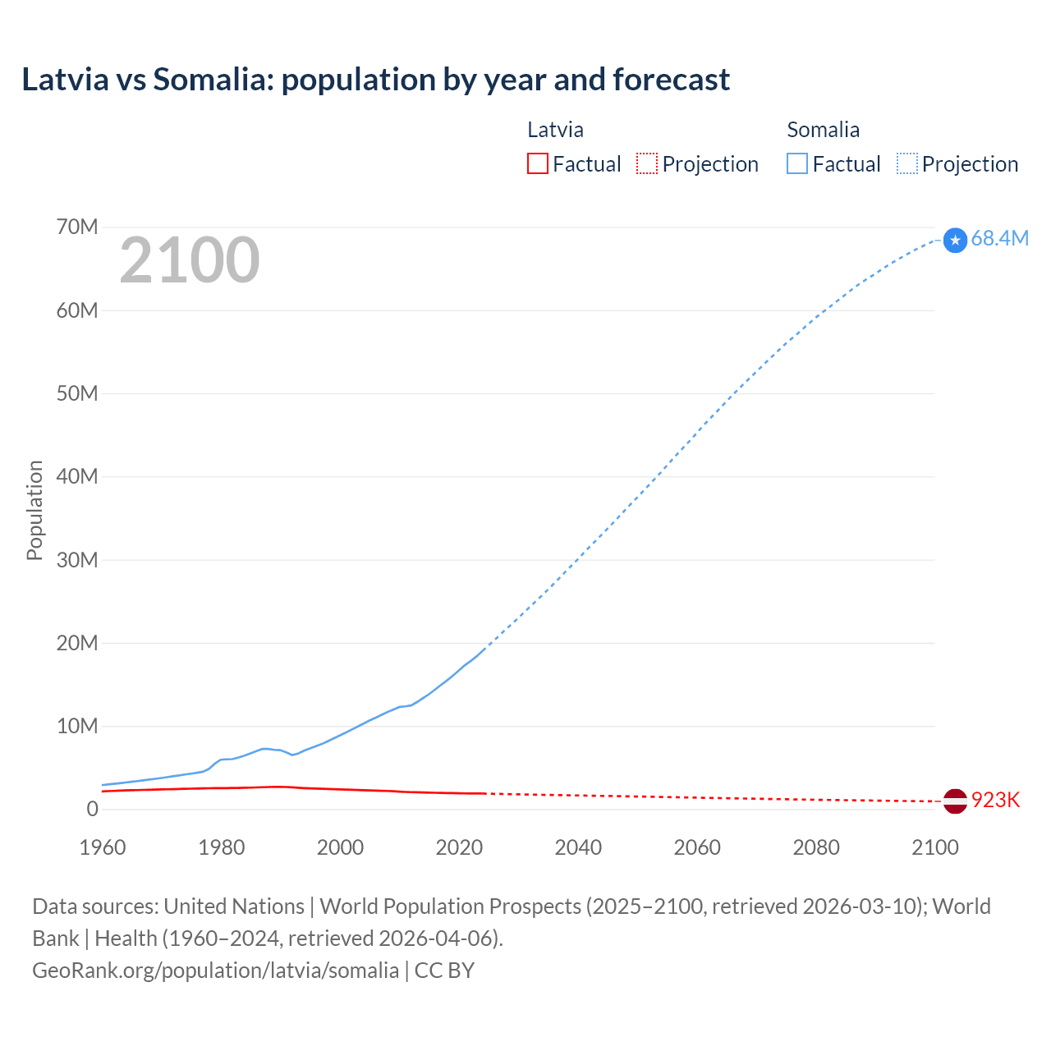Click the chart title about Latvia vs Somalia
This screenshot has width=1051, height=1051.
pyautogui.click(x=375, y=80)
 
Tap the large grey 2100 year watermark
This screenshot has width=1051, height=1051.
pyautogui.click(x=190, y=260)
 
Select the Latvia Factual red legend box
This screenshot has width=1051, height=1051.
pyautogui.click(x=537, y=163)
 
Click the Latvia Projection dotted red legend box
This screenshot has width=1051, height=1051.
pyautogui.click(x=647, y=163)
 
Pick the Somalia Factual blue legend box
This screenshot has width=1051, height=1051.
pyautogui.click(x=796, y=163)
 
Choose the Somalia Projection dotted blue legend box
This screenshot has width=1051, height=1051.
pyautogui.click(x=907, y=163)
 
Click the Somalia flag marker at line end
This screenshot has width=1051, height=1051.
pyautogui.click(x=955, y=240)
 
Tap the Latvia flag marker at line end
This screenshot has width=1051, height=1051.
pyautogui.click(x=955, y=801)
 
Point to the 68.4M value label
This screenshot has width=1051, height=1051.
pyautogui.click(x=999, y=238)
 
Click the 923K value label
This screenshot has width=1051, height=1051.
pyautogui.click(x=995, y=800)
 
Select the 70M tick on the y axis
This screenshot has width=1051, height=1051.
pyautogui.click(x=77, y=227)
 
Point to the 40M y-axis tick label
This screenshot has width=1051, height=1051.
pyautogui.click(x=77, y=476)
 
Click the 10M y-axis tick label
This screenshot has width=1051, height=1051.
pyautogui.click(x=77, y=726)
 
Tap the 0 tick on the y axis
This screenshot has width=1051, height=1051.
pyautogui.click(x=92, y=809)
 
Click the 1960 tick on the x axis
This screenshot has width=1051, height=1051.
pyautogui.click(x=103, y=847)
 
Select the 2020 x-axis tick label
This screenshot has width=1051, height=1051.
pyautogui.click(x=459, y=847)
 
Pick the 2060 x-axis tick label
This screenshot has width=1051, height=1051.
pyautogui.click(x=697, y=847)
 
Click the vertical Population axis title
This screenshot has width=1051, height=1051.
pyautogui.click(x=34, y=510)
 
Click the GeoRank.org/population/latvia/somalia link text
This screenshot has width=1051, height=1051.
pyautogui.click(x=215, y=970)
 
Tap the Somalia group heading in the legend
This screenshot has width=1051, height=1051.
pyautogui.click(x=823, y=130)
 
